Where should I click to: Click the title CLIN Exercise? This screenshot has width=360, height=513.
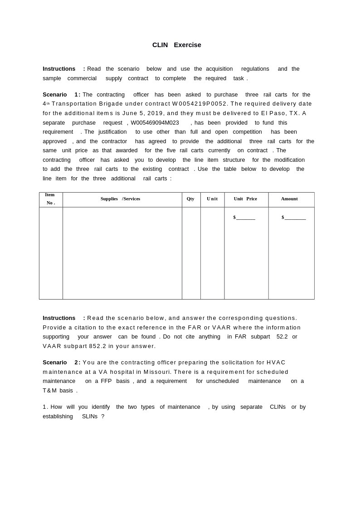(176, 45)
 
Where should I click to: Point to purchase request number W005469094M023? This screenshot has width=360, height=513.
(155, 123)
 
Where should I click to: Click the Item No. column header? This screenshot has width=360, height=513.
(50, 199)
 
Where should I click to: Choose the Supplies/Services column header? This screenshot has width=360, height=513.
(120, 199)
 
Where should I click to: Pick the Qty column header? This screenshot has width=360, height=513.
(190, 199)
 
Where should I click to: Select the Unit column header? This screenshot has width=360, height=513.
(212, 199)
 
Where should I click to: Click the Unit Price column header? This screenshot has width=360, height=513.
(245, 199)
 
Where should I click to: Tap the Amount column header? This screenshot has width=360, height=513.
(289, 199)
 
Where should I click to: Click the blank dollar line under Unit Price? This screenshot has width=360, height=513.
(245, 218)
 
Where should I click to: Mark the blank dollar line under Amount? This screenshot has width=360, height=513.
(295, 218)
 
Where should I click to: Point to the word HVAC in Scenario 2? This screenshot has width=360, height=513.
(276, 363)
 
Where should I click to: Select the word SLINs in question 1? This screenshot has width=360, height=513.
(90, 416)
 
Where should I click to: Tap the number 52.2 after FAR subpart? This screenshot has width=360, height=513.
(282, 337)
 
